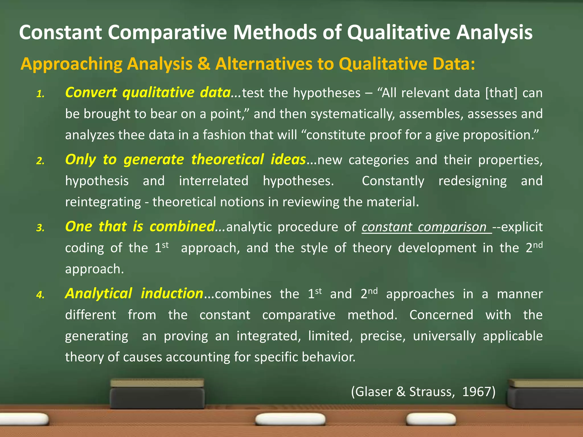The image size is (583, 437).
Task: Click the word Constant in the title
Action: tap(60, 32)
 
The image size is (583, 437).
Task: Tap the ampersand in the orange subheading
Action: tap(204, 64)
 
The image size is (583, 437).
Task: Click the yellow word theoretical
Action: tap(227, 160)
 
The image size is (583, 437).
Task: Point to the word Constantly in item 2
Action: tap(393, 181)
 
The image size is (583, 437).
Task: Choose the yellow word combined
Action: tap(182, 227)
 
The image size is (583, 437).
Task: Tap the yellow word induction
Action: tap(172, 294)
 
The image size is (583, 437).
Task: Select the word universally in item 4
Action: tap(444, 336)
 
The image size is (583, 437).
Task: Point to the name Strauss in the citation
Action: tap(430, 392)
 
